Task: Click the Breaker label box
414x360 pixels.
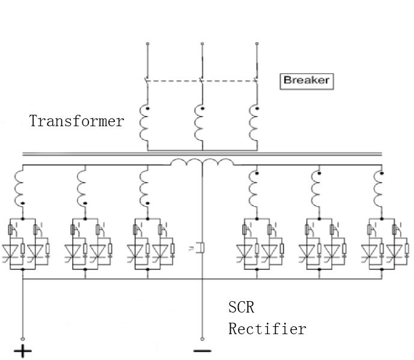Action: [x=306, y=81]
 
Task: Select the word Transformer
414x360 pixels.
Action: [x=76, y=121]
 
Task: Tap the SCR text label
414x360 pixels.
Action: [x=242, y=307]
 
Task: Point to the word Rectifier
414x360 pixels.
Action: [x=267, y=329]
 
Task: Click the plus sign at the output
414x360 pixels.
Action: [x=23, y=351]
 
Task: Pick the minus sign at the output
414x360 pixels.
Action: [x=202, y=351]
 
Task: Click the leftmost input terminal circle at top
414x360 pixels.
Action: [x=148, y=44]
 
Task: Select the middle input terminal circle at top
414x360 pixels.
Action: [x=202, y=44]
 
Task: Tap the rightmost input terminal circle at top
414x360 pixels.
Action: [x=257, y=44]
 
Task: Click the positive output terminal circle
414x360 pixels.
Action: [x=23, y=339]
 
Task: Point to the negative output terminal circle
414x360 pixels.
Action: [x=202, y=339]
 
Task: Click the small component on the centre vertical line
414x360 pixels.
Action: [x=201, y=248]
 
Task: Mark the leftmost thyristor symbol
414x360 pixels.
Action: [x=10, y=251]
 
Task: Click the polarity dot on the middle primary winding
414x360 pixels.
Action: [x=202, y=108]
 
